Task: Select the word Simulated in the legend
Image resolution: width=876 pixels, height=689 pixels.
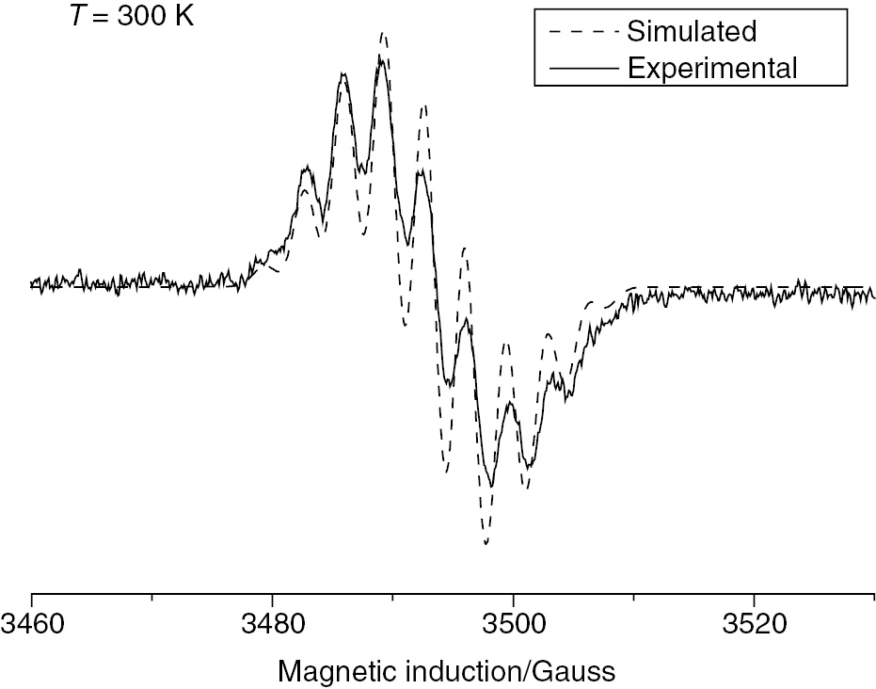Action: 692,31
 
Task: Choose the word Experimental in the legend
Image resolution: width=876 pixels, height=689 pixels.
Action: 712,68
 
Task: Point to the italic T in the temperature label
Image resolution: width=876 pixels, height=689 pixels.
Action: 79,17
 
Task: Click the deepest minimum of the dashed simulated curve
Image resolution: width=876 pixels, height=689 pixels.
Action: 486,543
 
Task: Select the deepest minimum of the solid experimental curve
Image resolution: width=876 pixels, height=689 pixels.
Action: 491,486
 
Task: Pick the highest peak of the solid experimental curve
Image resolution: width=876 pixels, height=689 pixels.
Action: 380,56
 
